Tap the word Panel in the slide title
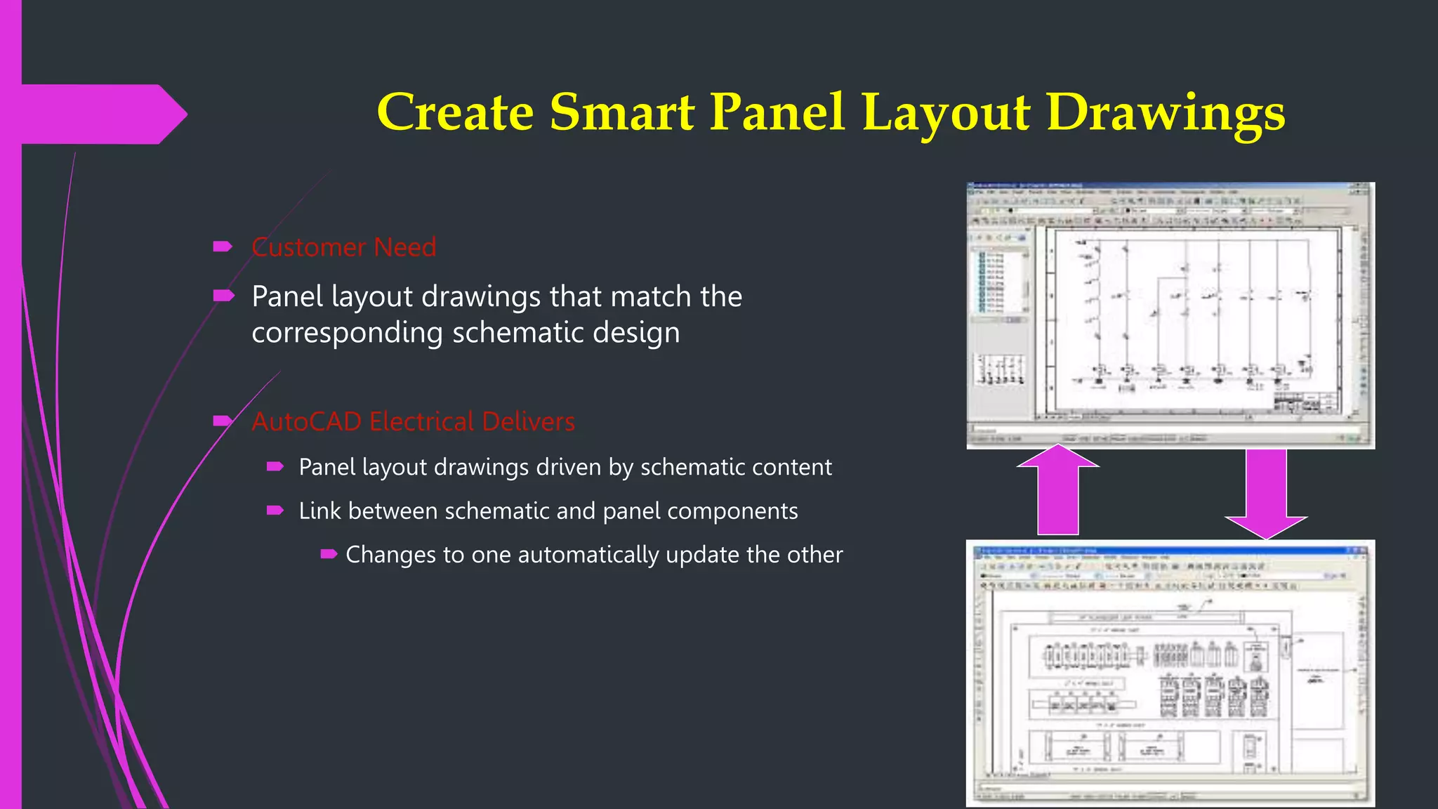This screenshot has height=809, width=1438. [x=777, y=112]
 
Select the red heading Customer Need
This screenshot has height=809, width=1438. [x=343, y=247]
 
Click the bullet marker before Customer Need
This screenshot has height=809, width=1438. [x=223, y=246]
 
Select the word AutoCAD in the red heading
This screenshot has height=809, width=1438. [x=306, y=421]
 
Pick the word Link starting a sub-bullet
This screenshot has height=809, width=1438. [x=319, y=511]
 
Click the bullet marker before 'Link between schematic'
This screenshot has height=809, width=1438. [x=275, y=511]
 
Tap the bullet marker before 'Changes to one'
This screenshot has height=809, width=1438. [x=329, y=554]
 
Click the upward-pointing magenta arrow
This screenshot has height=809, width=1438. [x=1057, y=492]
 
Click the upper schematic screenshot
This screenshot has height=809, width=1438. [x=1170, y=315]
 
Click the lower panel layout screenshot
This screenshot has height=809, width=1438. [x=1170, y=673]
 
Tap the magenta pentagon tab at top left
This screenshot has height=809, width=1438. [x=98, y=114]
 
